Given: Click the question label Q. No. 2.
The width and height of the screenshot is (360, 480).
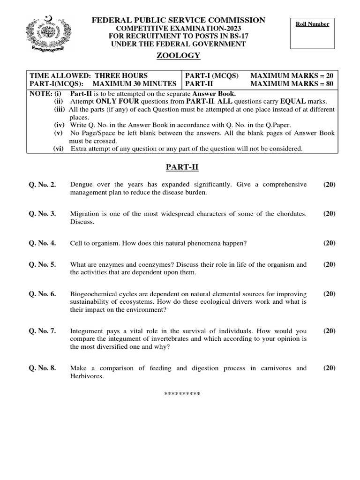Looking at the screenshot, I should tap(42, 185).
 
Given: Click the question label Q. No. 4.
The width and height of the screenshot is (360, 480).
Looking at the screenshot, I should tap(42, 243).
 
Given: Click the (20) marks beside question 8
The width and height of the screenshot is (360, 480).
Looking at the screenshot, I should tap(329, 368).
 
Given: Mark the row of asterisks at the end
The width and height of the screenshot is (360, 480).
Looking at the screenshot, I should tap(182, 393).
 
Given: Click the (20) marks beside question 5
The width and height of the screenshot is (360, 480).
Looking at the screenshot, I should tap(329, 265).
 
